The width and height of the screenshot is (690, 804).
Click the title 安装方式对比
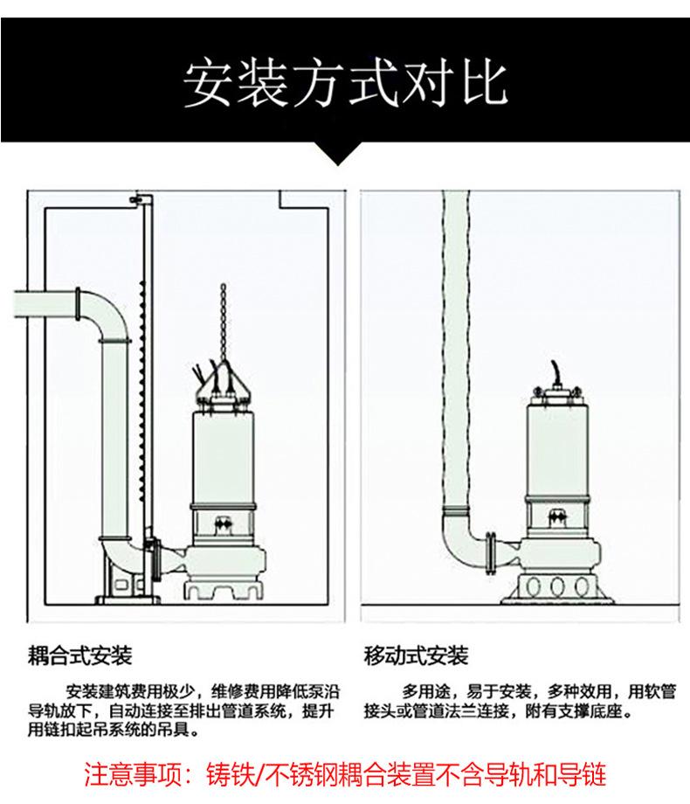[x=345, y=85]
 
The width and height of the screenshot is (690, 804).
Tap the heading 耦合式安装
[x=80, y=655]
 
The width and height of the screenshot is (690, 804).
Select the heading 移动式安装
[x=416, y=655]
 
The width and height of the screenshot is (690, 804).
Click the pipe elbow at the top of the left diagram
[x=104, y=315]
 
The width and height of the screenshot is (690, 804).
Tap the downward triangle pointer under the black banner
[x=337, y=153]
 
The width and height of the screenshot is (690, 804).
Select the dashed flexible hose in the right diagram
[x=456, y=349]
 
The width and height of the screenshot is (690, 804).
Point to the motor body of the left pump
[x=223, y=457]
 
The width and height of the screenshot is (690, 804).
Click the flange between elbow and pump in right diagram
[x=491, y=552]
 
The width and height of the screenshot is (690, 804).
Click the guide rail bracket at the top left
[x=139, y=199]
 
